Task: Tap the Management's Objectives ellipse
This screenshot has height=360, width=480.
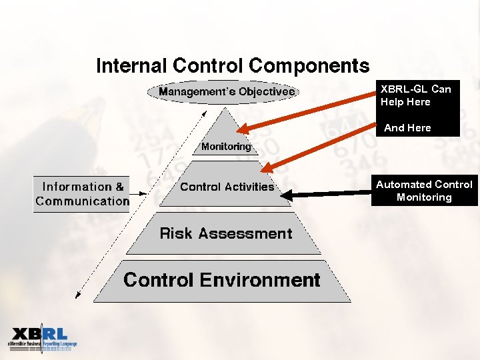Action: click(227, 91)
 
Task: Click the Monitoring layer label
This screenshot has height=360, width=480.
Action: click(226, 147)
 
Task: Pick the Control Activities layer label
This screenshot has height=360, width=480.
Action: click(227, 187)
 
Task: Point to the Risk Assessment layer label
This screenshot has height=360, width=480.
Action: click(226, 233)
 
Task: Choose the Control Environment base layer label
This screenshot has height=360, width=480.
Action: click(222, 280)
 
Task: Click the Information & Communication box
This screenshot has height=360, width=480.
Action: click(81, 194)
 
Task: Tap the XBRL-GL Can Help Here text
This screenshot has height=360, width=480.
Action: click(415, 95)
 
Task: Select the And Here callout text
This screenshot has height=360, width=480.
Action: click(408, 127)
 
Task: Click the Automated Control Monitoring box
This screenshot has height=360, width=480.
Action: click(424, 191)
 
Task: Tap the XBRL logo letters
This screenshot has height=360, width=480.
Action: click(39, 335)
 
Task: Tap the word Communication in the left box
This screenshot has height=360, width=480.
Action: click(83, 201)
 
